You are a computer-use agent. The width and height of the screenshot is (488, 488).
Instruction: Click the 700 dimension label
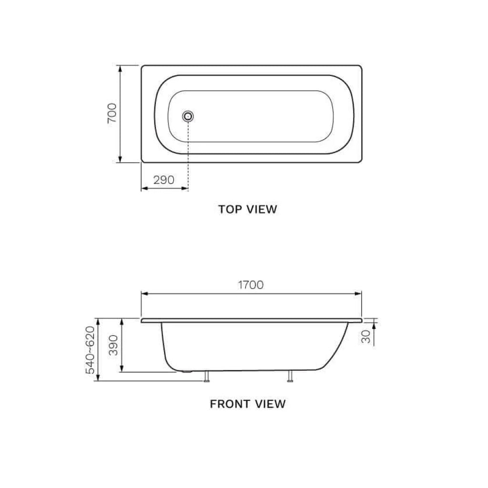tap(112, 113)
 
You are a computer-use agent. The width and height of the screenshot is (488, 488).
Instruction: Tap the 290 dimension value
tap(163, 180)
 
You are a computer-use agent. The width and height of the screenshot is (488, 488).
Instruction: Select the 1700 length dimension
tap(251, 285)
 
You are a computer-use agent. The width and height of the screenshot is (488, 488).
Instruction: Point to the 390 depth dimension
tap(113, 345)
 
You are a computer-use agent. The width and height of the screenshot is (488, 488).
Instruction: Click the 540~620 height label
tap(90, 350)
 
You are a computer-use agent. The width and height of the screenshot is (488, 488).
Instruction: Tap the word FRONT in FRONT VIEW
tap(231, 404)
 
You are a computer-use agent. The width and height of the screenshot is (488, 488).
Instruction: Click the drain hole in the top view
tap(189, 115)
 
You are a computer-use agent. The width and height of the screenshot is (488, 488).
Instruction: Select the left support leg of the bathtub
tap(207, 377)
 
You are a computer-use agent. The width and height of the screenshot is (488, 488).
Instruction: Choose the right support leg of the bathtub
tap(290, 377)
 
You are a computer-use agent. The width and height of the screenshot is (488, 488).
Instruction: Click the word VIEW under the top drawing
tap(262, 209)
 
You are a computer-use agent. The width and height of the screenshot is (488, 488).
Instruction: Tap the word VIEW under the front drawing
tap(270, 404)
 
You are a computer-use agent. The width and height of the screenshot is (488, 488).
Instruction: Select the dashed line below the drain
tap(189, 152)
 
